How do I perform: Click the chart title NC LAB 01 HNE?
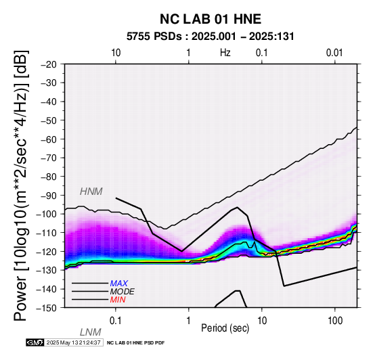[211, 19]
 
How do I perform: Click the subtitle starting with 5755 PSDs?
[211, 37]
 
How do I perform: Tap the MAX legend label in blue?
[119, 284]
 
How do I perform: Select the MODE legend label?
[123, 292]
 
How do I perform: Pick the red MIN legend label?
[118, 300]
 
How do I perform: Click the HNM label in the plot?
[91, 192]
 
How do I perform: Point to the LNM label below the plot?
[91, 332]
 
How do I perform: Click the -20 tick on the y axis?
[49, 64]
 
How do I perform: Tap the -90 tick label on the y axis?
[49, 196]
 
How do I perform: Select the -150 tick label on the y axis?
[47, 308]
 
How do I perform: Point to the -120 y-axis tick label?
[47, 252]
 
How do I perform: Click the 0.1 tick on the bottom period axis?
[116, 321]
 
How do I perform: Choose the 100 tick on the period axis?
[335, 321]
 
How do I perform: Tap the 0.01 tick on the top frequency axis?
[334, 53]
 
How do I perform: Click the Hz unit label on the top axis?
[225, 53]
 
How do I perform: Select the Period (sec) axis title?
[225, 328]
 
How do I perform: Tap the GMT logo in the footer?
[35, 342]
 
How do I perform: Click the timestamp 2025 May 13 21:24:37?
[73, 342]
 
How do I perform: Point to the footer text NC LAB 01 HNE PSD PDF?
[135, 343]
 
